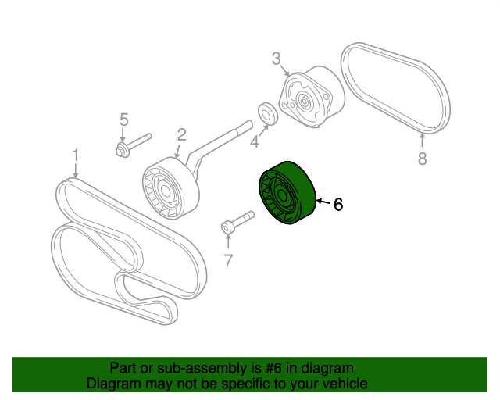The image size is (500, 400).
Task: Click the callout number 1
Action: pyautogui.click(x=76, y=155)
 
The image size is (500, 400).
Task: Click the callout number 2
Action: pyautogui.click(x=181, y=134)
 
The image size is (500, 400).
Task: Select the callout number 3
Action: pyautogui.click(x=276, y=58)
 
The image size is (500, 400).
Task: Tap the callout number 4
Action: pyautogui.click(x=254, y=141)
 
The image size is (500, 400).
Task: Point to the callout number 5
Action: pyautogui.click(x=123, y=120)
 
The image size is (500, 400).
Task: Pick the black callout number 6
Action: pyautogui.click(x=337, y=205)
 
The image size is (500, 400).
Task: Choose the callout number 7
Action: pyautogui.click(x=228, y=260)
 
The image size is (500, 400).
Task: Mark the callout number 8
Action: pyautogui.click(x=422, y=159)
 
